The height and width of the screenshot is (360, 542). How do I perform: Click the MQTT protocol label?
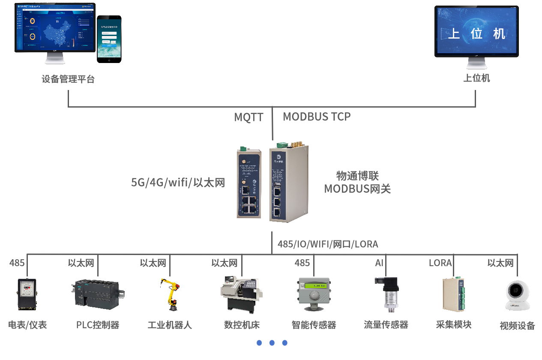pos(249,117)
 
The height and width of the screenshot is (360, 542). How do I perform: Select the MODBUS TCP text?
pos(317,117)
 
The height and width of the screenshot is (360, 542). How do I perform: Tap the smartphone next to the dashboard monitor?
pos(109,39)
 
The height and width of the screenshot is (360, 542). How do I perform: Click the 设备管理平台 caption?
pos(68,79)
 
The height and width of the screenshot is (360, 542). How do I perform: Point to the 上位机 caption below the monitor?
pos(476,78)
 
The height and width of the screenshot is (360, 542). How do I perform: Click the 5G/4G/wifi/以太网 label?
pos(178,183)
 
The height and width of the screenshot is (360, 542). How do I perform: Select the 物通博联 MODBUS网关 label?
pos(357,183)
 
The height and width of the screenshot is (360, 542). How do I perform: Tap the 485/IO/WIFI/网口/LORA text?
pos(328,244)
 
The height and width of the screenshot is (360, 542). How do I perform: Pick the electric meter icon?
pos(27,294)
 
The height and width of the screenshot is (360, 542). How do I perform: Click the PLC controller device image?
pos(97,292)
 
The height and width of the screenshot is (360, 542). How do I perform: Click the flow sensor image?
pos(386,294)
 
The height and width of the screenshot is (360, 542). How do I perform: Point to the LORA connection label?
pos(440,263)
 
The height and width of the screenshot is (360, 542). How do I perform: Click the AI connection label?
pos(379,263)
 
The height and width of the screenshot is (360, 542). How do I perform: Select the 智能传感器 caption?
pos(314,325)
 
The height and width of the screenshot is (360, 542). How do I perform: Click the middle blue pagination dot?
pos(272,343)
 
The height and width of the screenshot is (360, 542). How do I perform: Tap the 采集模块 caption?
pos(454,324)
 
